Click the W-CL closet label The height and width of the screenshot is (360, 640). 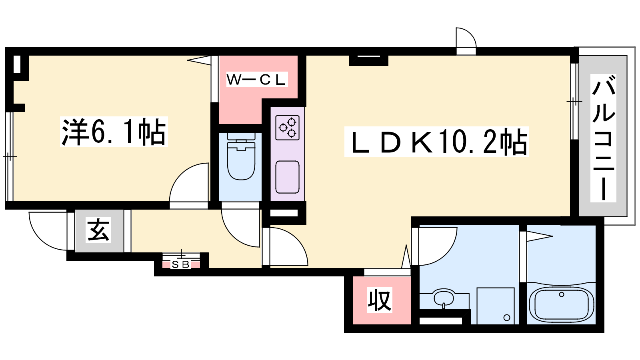256,80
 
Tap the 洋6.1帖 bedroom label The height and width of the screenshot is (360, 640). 114,132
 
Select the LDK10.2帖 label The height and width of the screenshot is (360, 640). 436,142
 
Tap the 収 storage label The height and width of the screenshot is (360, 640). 379,301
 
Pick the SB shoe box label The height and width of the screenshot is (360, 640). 181,265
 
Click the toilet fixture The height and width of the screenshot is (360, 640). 241,156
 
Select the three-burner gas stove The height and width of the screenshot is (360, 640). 288,128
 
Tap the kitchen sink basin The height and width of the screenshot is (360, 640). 288,177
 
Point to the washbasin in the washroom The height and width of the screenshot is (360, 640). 444,298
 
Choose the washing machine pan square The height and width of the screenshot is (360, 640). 496,306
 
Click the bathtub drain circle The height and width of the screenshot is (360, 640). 562,294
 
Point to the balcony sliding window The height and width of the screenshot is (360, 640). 574,102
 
